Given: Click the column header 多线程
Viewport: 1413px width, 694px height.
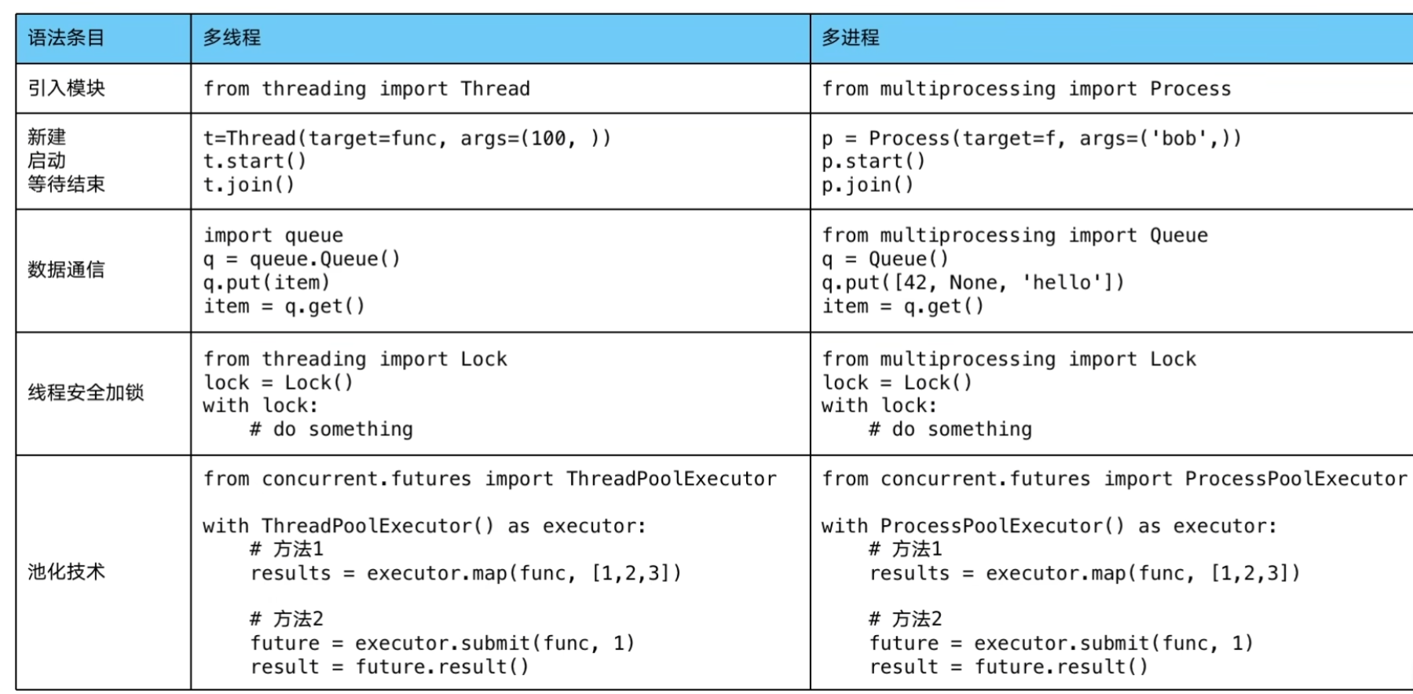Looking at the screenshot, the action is point(232,38).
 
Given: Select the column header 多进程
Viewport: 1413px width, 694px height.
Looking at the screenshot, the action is point(851,38).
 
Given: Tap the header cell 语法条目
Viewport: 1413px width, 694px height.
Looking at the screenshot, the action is point(66,38).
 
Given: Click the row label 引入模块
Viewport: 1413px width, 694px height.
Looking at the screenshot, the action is point(66,88).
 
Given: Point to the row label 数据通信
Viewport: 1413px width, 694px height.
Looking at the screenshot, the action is point(66,270).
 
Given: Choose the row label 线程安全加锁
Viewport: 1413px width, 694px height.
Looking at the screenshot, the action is point(86,392).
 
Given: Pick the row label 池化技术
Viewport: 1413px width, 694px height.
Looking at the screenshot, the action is point(66,571).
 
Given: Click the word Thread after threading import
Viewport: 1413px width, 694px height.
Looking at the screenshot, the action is point(495,89).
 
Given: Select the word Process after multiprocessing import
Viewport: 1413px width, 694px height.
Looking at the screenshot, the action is point(1190,89).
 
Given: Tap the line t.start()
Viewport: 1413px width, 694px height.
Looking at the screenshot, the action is point(254,161).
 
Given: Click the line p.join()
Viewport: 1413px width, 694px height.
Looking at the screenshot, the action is point(867,185).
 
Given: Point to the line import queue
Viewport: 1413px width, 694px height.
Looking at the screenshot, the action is point(273,236).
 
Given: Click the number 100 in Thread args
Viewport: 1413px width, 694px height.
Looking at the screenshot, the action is point(548,138).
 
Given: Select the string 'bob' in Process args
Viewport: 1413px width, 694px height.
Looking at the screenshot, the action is point(1179,138).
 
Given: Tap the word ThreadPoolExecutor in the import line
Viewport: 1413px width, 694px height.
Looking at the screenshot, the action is point(672,479).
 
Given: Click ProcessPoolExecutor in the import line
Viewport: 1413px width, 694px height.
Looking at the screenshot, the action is point(1296,479).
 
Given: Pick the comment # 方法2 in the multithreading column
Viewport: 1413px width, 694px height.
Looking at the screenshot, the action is point(287,619).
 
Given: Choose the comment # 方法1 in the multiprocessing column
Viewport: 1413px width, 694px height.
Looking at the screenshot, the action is point(906,549).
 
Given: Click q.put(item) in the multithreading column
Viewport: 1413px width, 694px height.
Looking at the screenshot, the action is point(266,283).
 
